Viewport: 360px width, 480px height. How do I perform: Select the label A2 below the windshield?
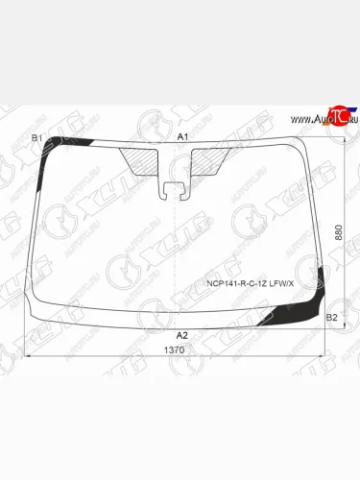click(181, 335)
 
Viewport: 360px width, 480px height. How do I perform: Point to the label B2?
click(332, 316)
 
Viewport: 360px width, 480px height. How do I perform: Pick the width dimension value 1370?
click(175, 350)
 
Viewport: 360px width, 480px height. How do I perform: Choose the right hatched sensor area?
click(209, 159)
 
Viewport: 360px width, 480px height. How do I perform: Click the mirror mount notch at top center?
click(174, 188)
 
